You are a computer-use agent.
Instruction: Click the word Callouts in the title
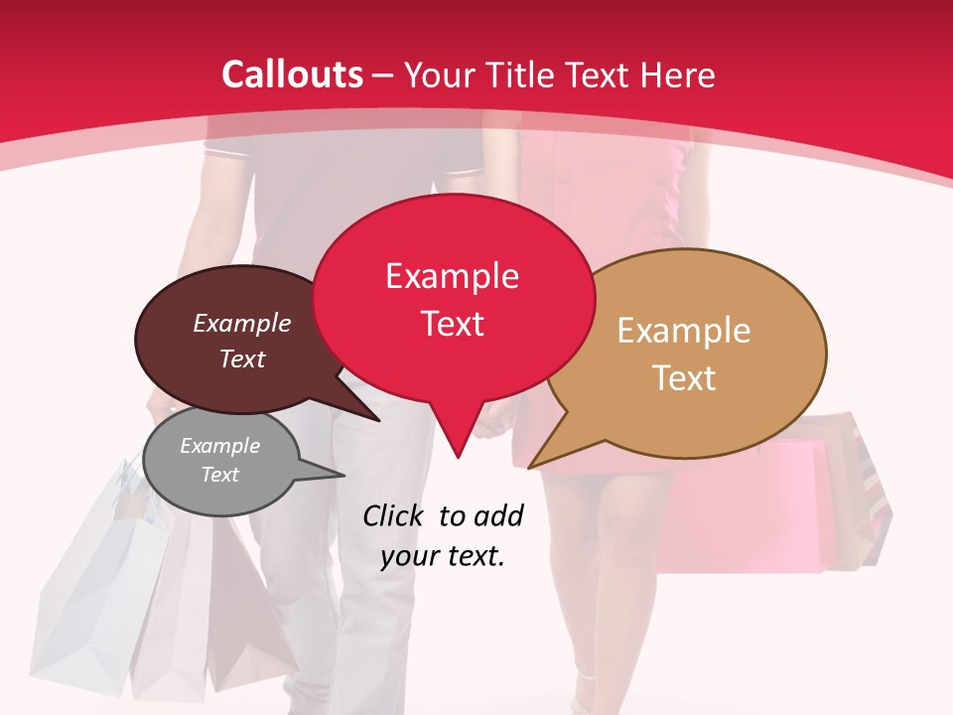(292, 74)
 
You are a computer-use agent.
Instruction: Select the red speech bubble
(453, 298)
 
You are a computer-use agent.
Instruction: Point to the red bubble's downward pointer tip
(457, 456)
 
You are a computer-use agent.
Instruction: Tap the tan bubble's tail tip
(532, 466)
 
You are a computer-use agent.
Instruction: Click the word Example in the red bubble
(453, 275)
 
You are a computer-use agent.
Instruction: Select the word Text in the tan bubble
(684, 378)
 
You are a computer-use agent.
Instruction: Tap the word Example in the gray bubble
(220, 446)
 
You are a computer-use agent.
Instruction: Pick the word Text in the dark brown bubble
(242, 358)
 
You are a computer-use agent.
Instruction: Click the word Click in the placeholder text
(394, 515)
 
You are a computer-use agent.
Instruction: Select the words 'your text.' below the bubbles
(443, 556)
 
